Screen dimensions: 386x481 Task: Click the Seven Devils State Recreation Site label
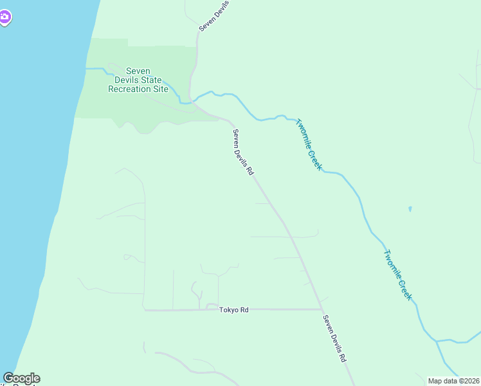click(x=138, y=80)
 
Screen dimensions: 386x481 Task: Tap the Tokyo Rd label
click(x=233, y=310)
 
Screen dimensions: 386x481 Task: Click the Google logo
click(x=21, y=378)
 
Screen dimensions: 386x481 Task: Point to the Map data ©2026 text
click(x=453, y=381)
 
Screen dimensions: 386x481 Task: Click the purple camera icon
click(x=5, y=17)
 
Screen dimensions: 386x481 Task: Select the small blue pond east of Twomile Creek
click(x=410, y=209)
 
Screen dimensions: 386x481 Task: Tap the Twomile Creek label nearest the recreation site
click(x=309, y=144)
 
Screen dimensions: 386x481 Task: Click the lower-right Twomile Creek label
click(x=397, y=275)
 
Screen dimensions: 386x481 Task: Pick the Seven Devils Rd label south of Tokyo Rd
click(x=334, y=338)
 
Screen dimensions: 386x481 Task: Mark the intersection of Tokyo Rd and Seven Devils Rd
click(x=321, y=309)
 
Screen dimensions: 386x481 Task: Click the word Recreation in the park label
click(x=138, y=89)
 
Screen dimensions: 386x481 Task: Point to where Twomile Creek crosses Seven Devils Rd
click(x=192, y=101)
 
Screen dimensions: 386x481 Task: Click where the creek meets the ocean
click(x=86, y=68)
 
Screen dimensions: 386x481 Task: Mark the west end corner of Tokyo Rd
click(x=144, y=309)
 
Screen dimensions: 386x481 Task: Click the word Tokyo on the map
click(x=228, y=310)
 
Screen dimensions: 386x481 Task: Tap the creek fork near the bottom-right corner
click(x=437, y=340)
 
